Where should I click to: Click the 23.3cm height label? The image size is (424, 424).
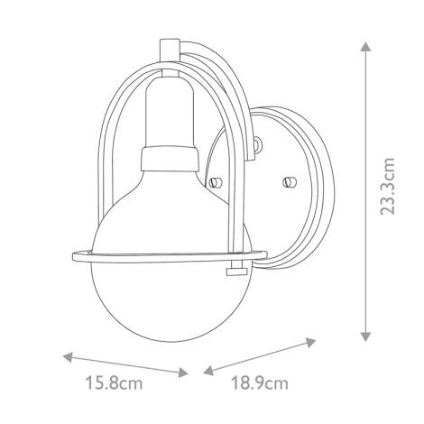tap(387, 187)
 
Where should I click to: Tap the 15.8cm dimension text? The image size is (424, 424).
tap(114, 383)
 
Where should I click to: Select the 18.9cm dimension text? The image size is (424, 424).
tap(260, 383)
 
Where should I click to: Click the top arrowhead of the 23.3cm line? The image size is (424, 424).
tap(365, 47)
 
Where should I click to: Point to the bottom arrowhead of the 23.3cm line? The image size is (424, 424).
tap(365, 336)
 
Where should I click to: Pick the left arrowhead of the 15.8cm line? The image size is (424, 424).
tap(69, 357)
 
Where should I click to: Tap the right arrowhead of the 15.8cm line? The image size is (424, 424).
tap(183, 373)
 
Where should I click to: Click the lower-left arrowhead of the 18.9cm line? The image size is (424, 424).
tap(208, 371)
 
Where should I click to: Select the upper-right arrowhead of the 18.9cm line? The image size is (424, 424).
tap(310, 342)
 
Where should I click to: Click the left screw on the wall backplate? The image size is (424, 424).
tap(215, 182)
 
